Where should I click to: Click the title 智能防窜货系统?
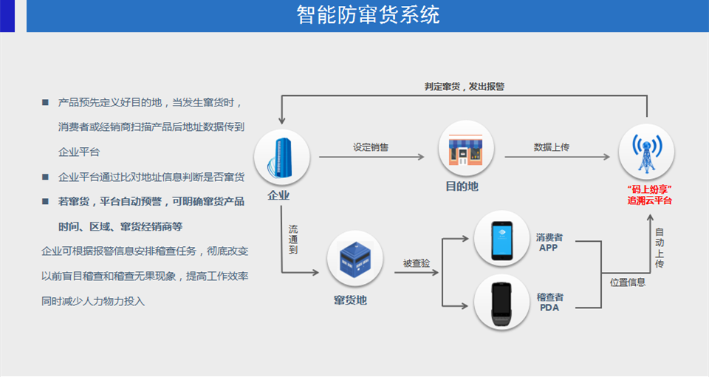click(x=368, y=15)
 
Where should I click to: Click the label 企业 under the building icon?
click(x=278, y=196)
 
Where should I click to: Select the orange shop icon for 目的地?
click(x=465, y=148)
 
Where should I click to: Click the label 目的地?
click(x=462, y=187)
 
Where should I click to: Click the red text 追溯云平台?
click(x=650, y=200)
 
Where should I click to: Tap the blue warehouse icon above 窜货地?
click(x=354, y=259)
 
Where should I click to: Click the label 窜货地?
click(x=350, y=300)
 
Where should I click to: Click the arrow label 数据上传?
click(x=552, y=147)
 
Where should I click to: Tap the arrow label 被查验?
click(x=417, y=263)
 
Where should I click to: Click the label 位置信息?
click(x=628, y=282)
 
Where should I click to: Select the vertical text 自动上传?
click(x=659, y=248)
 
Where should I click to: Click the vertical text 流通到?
click(x=293, y=240)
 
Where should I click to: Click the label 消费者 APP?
click(x=549, y=243)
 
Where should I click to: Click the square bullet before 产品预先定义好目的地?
click(x=45, y=102)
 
